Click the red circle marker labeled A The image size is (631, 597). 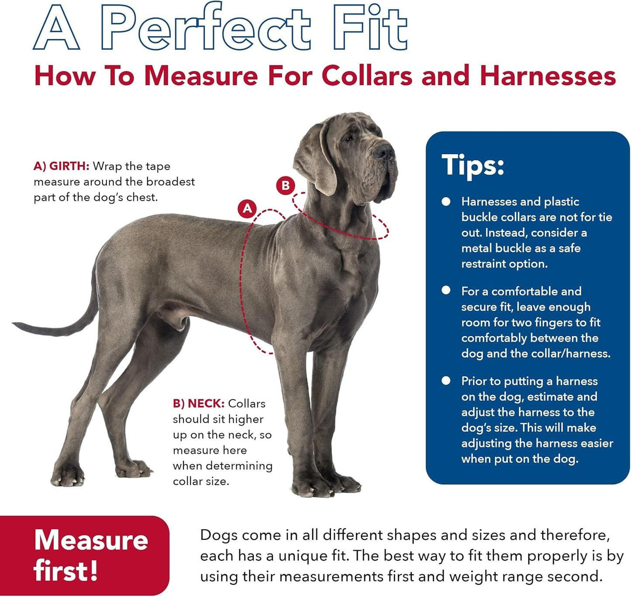(x=247, y=208)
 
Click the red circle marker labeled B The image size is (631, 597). (x=286, y=186)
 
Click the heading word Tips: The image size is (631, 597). (x=473, y=165)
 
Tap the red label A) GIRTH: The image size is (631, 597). (x=61, y=166)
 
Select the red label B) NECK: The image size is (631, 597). (x=199, y=403)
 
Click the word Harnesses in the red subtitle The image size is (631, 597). (x=548, y=76)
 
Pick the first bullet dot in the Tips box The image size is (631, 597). (x=446, y=201)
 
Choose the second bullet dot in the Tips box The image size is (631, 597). (x=446, y=290)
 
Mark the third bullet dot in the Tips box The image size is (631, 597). (x=446, y=380)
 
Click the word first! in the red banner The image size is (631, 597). (x=66, y=571)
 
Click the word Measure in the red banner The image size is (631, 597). (x=91, y=540)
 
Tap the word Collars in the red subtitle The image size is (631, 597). (x=367, y=76)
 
